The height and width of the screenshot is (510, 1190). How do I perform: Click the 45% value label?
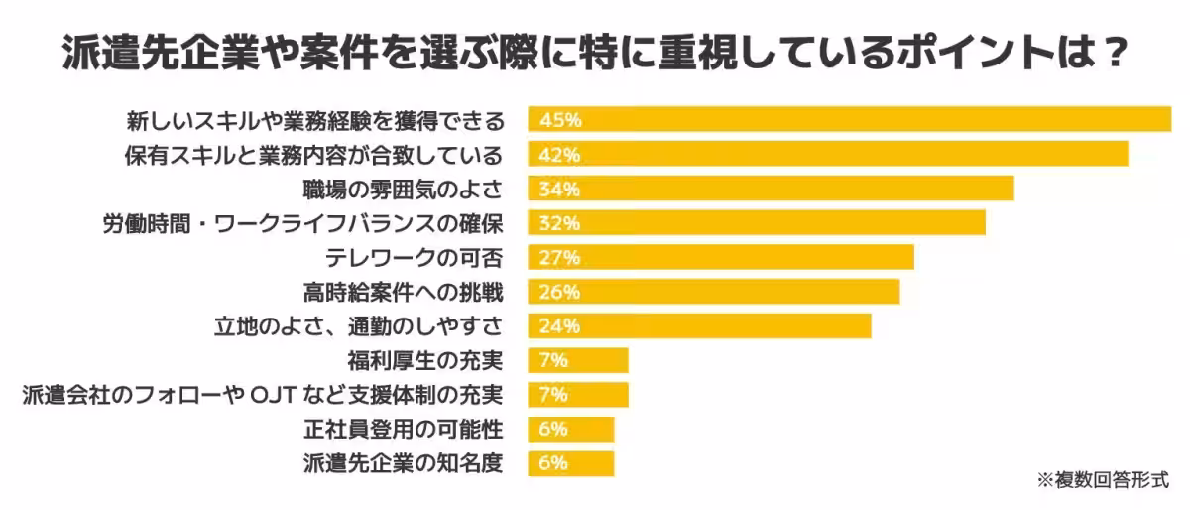pos(559,120)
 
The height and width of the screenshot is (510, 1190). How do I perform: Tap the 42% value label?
pos(559,155)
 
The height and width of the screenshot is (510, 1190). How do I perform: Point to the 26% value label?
pos(559,292)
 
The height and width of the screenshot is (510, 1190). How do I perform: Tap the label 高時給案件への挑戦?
pos(404,292)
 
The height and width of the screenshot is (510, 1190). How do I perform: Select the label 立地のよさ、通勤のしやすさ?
pos(359,326)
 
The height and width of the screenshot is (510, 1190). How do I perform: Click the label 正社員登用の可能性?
pos(404,429)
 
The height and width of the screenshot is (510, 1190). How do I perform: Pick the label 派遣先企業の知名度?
pos(404,463)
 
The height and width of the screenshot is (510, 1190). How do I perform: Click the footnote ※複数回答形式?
pos(1104,479)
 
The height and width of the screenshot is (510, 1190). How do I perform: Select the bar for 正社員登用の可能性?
pos(571,429)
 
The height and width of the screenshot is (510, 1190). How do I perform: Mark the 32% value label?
pos(559,223)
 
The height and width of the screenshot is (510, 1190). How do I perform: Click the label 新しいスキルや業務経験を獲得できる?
pos(315,120)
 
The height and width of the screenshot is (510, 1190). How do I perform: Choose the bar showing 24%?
pos(699,326)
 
